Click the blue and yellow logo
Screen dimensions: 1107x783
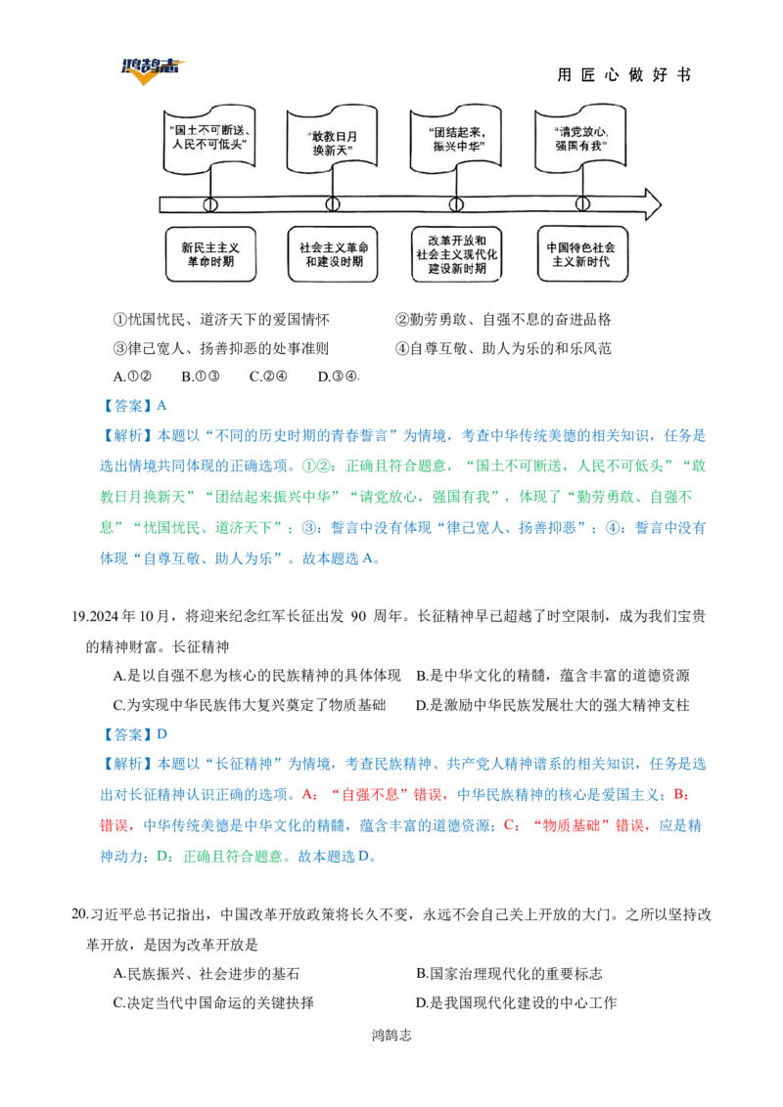[151, 67]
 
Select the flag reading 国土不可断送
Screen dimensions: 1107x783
[207, 137]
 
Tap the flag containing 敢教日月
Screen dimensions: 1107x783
[330, 137]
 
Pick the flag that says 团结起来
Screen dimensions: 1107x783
[453, 137]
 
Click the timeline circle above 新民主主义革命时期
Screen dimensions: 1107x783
[209, 204]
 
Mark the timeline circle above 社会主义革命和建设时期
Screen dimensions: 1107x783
[333, 204]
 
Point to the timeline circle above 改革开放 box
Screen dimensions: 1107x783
[455, 204]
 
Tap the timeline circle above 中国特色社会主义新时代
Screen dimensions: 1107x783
[583, 204]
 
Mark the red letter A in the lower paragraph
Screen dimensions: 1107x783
[313, 793]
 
